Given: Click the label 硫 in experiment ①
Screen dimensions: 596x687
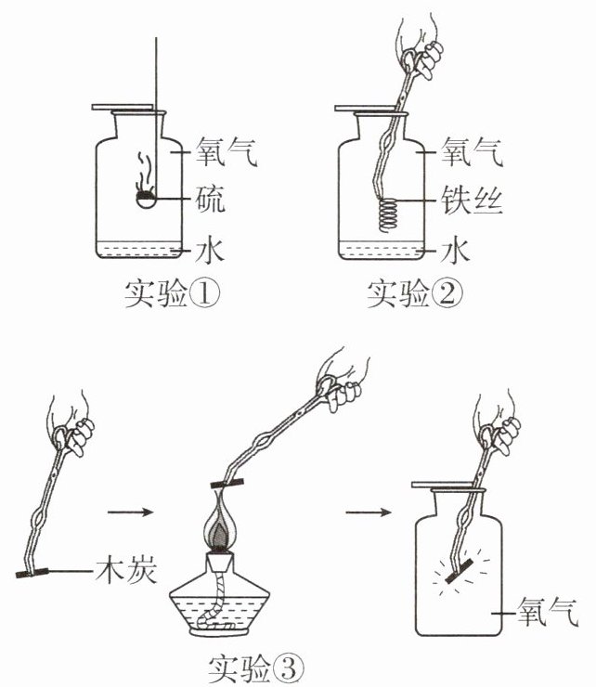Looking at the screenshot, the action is click(x=211, y=200).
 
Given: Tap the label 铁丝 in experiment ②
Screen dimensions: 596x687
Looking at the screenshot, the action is click(x=472, y=200).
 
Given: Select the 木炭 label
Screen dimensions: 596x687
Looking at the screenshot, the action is click(x=126, y=570).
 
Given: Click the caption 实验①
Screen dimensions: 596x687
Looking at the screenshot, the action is click(x=173, y=294).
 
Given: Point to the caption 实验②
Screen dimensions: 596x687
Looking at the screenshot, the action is click(x=415, y=294).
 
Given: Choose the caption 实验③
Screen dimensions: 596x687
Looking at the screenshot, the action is click(x=256, y=669).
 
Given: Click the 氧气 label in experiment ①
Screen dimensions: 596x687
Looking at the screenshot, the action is click(x=227, y=151).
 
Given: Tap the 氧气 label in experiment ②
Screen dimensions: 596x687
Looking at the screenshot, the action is click(x=472, y=151).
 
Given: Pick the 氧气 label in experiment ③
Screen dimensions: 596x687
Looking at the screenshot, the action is click(x=548, y=612).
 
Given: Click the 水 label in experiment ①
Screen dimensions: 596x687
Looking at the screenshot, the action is click(x=210, y=250).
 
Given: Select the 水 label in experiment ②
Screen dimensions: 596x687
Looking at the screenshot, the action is click(x=456, y=250).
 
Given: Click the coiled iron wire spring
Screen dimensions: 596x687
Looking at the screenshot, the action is click(x=388, y=214).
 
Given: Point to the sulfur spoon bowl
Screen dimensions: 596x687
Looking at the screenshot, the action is click(x=146, y=200).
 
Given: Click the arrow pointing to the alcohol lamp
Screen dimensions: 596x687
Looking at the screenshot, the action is click(x=131, y=512).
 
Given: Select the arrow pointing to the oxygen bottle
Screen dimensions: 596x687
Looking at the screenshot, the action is click(x=369, y=512).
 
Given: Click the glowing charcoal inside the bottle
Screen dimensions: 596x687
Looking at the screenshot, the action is click(x=459, y=571).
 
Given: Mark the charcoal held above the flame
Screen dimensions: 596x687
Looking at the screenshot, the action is click(x=227, y=484).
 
